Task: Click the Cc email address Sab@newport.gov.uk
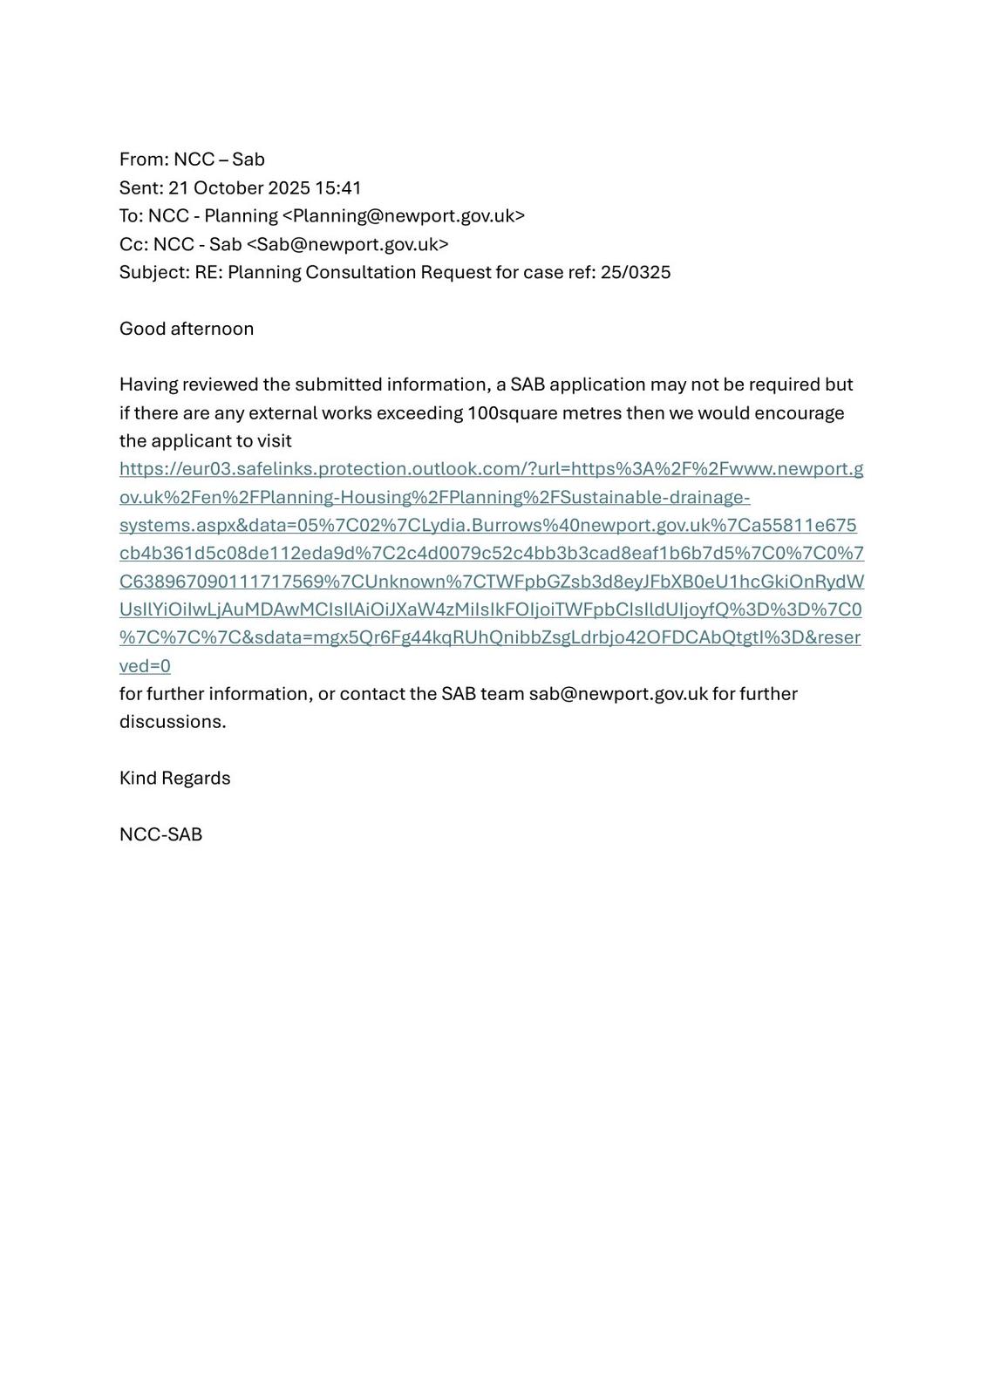[x=347, y=244]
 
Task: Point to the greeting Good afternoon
[x=187, y=329]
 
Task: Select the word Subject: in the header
[x=154, y=272]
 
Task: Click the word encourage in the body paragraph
[x=799, y=412]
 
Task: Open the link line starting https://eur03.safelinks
[x=491, y=469]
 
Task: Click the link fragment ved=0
[x=145, y=666]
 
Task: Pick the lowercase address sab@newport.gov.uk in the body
[x=618, y=694]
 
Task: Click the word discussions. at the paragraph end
[x=173, y=722]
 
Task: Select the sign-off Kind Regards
[x=175, y=778]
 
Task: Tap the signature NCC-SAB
[x=160, y=834]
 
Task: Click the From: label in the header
[x=144, y=160]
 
